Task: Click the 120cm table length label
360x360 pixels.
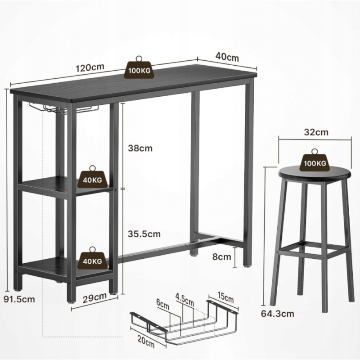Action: point(90,67)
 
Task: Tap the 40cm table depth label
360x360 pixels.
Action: point(227,57)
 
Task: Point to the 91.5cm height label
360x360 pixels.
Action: point(19,299)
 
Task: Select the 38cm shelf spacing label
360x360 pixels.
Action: point(140,148)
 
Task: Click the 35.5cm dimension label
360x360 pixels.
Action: point(144,234)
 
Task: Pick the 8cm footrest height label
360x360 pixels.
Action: point(221,256)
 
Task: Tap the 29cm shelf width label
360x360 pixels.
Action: point(94,297)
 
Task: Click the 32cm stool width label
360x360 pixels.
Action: point(316,132)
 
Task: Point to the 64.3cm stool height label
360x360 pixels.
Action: point(277,314)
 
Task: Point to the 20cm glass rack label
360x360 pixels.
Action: point(146,341)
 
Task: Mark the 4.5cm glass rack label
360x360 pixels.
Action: point(184,299)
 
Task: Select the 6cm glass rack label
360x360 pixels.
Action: point(162,304)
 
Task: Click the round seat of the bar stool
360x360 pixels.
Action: point(315,175)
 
